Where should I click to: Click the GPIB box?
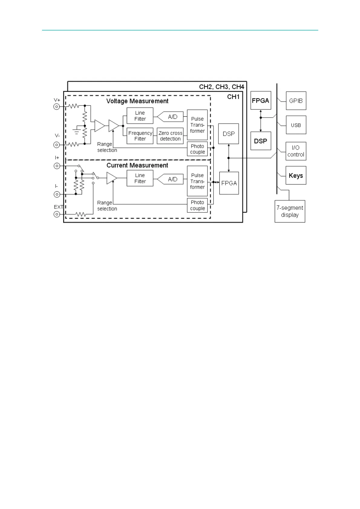(x=296, y=101)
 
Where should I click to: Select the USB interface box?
(x=296, y=125)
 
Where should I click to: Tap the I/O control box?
(x=296, y=151)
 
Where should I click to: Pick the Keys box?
(x=296, y=175)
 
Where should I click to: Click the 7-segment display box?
(x=290, y=211)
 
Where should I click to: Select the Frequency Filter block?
(x=140, y=136)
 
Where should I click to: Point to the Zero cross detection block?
(x=170, y=136)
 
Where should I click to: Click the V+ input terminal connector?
(x=57, y=106)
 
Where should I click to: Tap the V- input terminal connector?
(x=57, y=145)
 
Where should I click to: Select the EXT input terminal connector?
(x=57, y=214)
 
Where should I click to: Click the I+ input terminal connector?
(x=57, y=166)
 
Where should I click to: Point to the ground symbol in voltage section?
(x=77, y=131)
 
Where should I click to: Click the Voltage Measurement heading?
(x=137, y=101)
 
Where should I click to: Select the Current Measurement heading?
(x=137, y=165)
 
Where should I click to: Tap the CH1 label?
(x=233, y=97)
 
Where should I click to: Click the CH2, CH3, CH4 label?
(x=221, y=87)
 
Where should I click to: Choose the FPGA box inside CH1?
(x=229, y=183)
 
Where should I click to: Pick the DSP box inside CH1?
(x=229, y=134)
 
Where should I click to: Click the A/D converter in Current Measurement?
(x=172, y=179)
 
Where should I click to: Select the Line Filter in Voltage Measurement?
(x=140, y=116)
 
